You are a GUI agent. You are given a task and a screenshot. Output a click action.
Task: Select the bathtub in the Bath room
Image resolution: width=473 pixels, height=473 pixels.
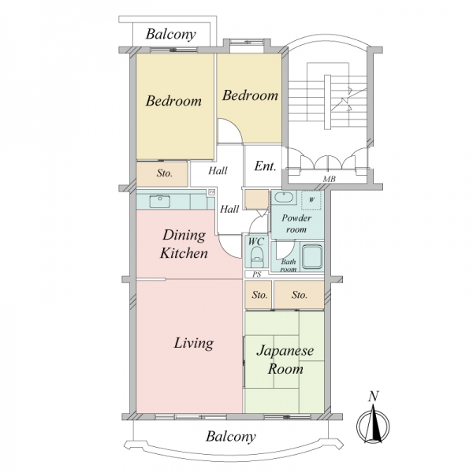click(312, 257)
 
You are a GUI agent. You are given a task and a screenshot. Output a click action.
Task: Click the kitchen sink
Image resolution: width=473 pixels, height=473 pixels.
click(159, 201)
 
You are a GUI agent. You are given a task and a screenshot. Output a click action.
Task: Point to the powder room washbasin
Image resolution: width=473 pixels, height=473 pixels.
click(284, 198)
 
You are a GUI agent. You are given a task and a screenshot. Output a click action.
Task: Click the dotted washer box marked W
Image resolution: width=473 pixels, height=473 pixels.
click(311, 199)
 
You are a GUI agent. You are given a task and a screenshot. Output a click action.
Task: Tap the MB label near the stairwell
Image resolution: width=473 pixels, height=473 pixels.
click(329, 179)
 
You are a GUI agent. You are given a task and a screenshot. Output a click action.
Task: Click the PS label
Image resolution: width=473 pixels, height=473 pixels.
click(257, 274)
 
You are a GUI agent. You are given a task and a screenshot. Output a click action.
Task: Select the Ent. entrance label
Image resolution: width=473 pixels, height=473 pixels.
click(265, 166)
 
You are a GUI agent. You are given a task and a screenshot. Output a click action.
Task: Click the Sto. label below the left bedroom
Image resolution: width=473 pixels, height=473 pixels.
click(165, 173)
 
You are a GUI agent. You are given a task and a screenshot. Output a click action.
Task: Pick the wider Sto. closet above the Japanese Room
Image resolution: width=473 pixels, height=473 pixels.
click(299, 295)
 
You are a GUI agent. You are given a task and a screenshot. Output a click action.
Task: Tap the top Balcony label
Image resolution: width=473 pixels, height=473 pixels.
click(171, 34)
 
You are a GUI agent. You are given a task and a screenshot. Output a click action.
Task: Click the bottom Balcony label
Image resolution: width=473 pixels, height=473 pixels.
click(231, 436)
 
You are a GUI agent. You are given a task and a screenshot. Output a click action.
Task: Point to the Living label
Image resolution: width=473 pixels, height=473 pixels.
click(194, 343)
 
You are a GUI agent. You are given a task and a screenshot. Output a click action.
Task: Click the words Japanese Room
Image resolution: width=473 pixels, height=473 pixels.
click(285, 360)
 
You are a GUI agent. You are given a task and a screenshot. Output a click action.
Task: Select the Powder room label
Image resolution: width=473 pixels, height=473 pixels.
click(296, 224)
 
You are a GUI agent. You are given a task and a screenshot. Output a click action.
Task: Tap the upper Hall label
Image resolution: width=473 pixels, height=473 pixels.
click(218, 171)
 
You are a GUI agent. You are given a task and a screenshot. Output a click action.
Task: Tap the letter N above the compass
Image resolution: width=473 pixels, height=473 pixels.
click(374, 396)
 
